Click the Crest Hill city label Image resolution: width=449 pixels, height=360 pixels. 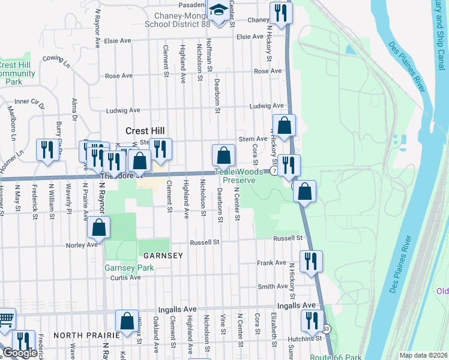(x=145, y=131)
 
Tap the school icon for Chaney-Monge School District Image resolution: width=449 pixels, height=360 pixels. (x=217, y=11)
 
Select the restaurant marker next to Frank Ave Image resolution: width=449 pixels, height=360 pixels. (x=311, y=261)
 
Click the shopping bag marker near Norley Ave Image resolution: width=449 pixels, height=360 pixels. (x=98, y=227)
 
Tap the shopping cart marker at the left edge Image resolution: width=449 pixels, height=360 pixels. (x=5, y=319)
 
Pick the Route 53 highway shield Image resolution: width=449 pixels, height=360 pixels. (x=326, y=329)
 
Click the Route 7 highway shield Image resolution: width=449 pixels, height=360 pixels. (x=273, y=170)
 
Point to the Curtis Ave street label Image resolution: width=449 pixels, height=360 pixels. (x=125, y=277)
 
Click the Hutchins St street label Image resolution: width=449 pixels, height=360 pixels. (x=304, y=339)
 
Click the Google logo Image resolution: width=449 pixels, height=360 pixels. (x=20, y=353)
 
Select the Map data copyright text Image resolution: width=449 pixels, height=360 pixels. (x=423, y=355)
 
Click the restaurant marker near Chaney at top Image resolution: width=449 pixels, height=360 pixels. (x=280, y=12)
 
